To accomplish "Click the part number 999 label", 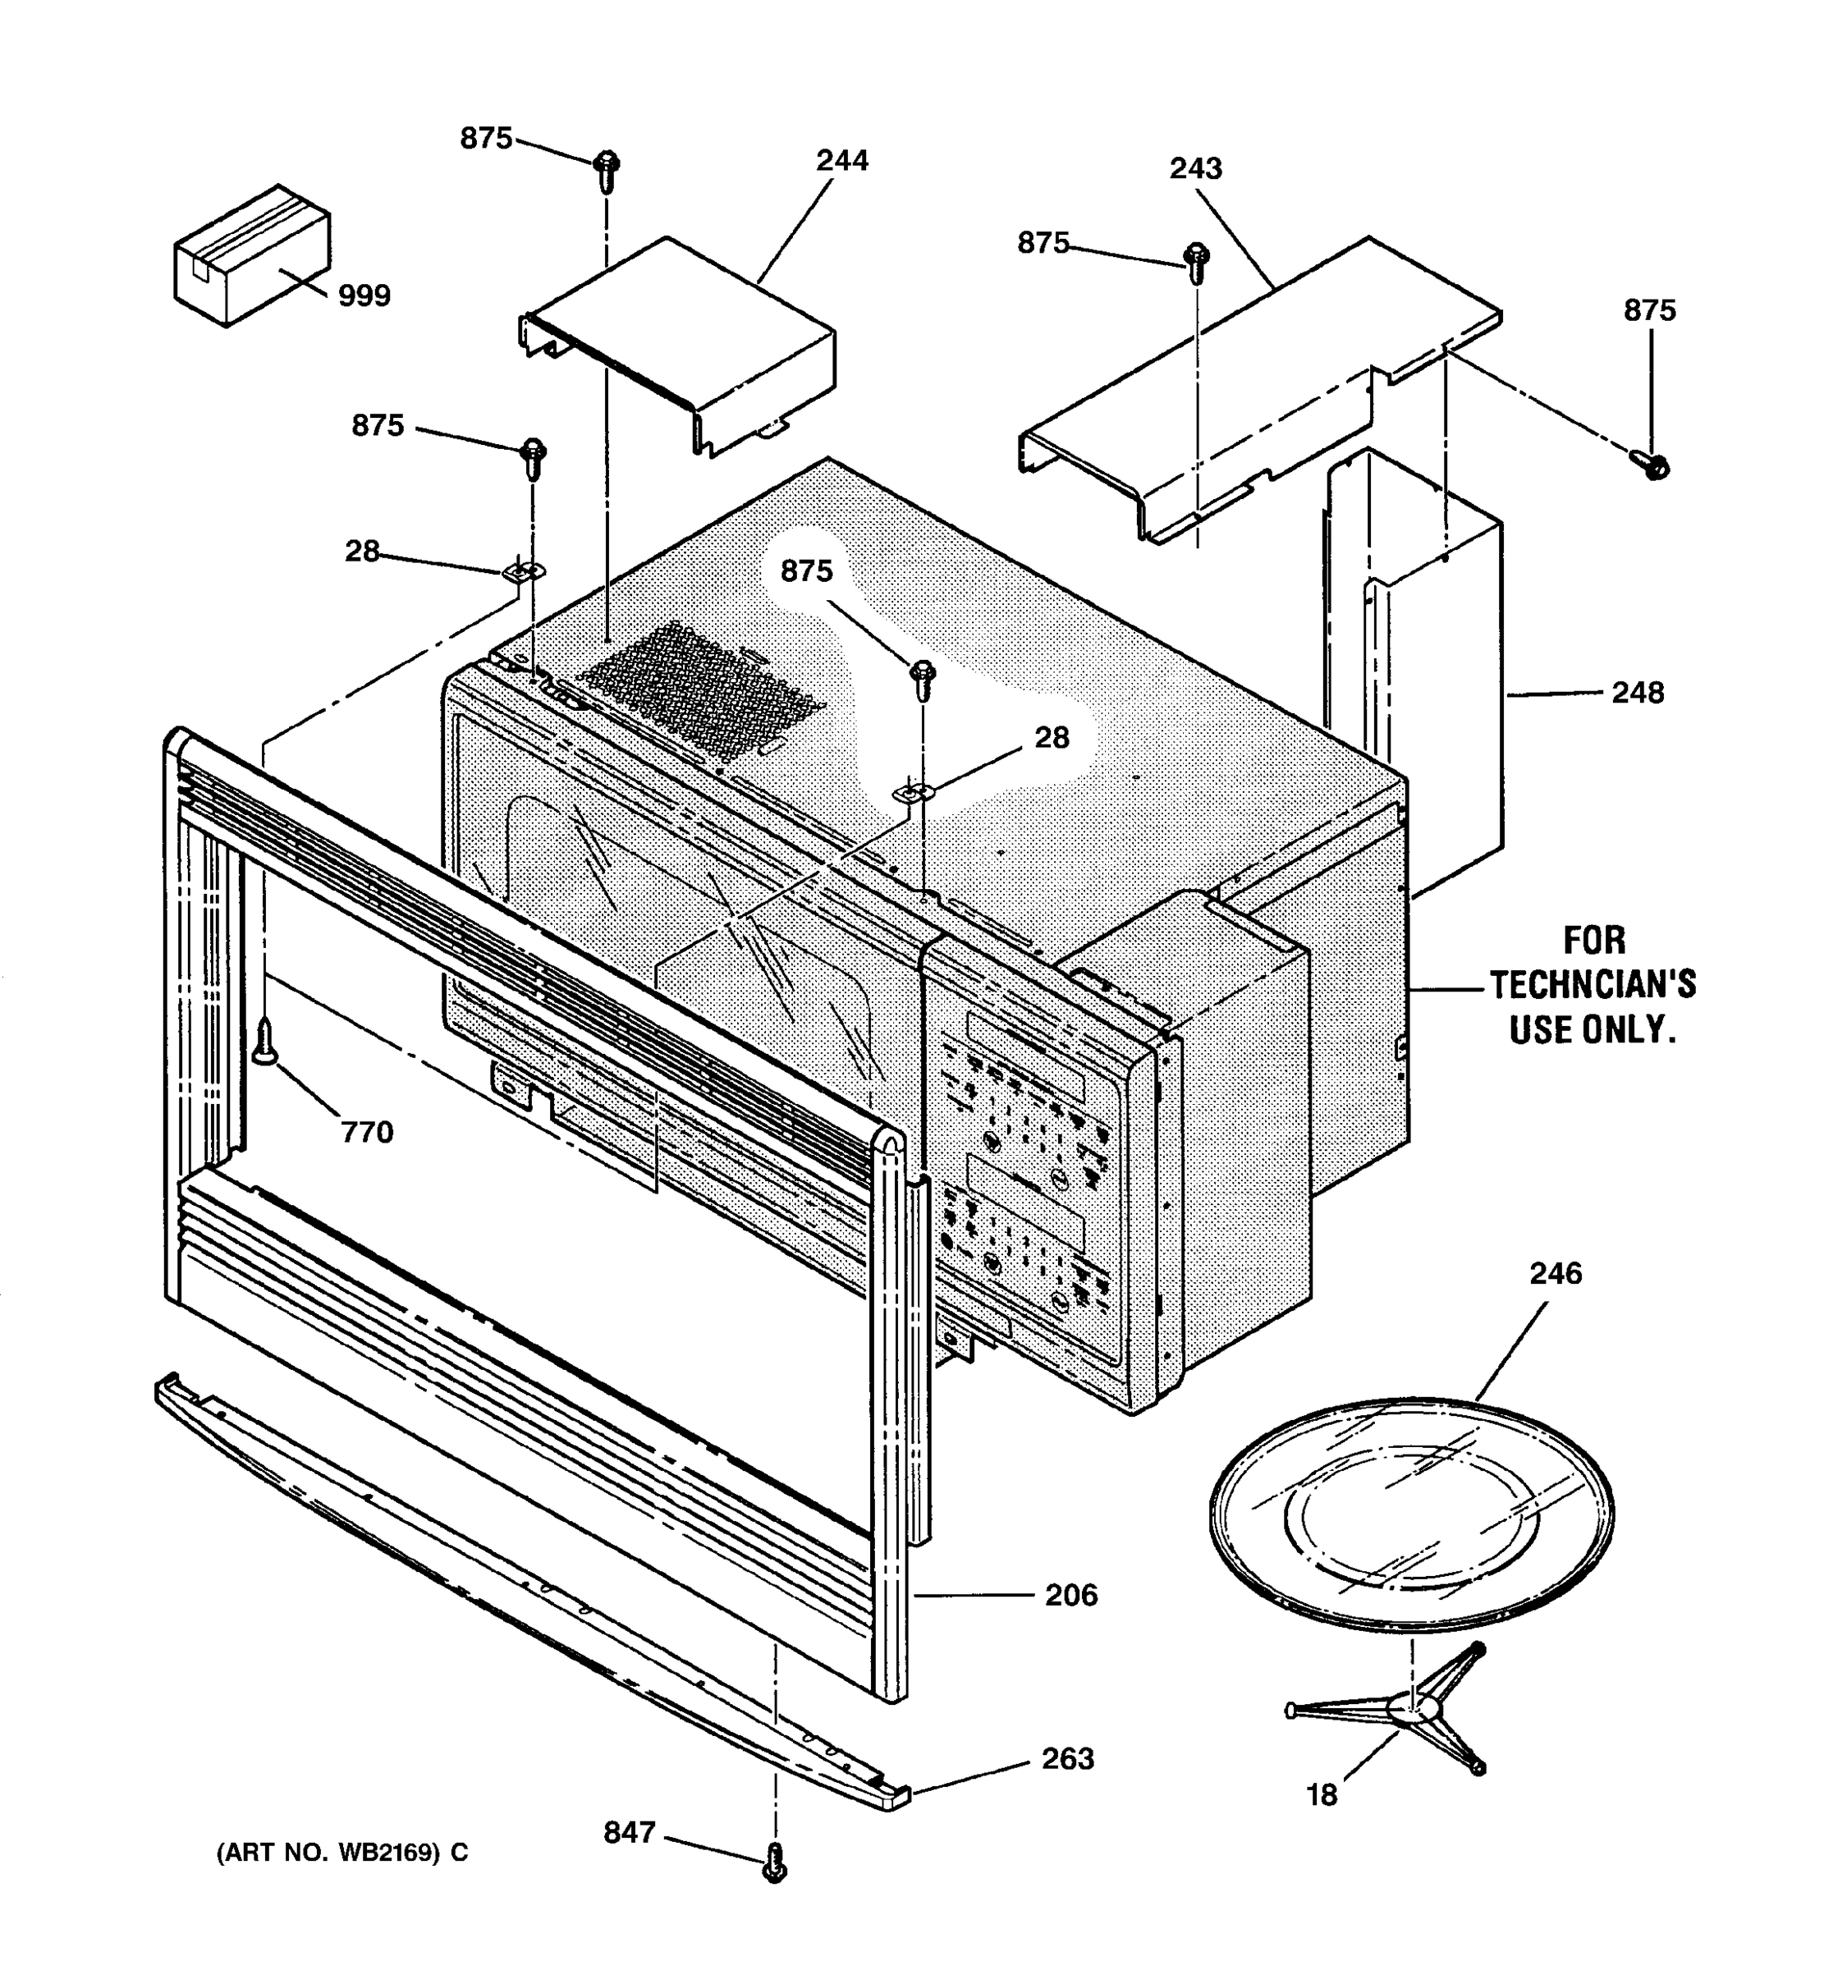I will [364, 295].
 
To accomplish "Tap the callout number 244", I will [841, 161].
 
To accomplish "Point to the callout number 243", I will [1195, 168].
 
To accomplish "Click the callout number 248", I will [1637, 693].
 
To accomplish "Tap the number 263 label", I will [1067, 1758].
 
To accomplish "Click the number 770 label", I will [367, 1132].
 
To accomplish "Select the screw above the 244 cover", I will [607, 171].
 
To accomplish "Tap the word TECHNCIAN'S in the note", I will [1593, 985].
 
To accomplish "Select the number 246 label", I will [1555, 1273].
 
